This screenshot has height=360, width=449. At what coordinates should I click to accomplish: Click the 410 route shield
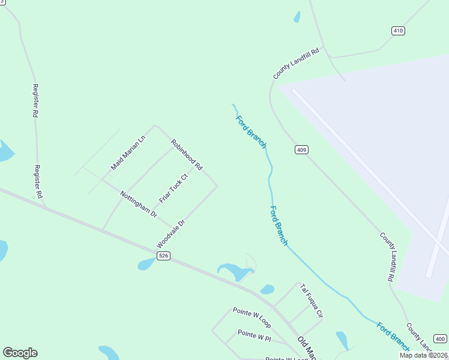pos(398,31)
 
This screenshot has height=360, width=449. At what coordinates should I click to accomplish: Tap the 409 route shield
pos(301,149)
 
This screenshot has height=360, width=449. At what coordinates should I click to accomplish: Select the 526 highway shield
pos(164,256)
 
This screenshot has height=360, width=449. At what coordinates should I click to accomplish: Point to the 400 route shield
pos(440,338)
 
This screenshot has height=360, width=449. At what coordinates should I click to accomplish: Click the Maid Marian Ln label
pos(128,153)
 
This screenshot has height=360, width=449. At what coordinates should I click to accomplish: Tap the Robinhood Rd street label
pos(187,155)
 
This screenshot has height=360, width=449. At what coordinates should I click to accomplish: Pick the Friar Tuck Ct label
pos(173,188)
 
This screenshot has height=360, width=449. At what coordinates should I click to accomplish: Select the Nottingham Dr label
pos(138,204)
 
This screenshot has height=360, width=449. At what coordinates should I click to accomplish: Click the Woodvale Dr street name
pos(171,234)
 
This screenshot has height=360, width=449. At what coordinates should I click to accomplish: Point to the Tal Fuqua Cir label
pos(312,301)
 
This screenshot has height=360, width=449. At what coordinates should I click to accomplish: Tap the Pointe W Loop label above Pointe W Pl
pos(252,317)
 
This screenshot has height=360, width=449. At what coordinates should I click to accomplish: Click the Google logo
pos(20,353)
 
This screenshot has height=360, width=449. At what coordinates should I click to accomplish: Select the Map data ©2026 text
pos(423,355)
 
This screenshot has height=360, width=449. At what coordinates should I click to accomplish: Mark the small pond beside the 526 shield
pos(146,264)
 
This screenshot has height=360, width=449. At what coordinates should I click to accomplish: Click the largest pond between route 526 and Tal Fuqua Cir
pos(235,272)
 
